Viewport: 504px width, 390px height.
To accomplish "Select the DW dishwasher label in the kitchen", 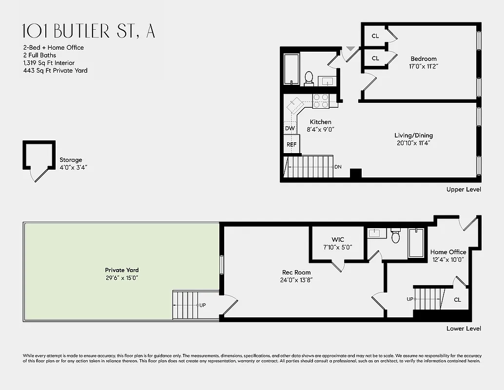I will pos(290,128).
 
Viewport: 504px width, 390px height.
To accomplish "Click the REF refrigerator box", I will pos(291,144).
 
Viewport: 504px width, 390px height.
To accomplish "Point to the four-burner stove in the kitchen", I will pos(321,100).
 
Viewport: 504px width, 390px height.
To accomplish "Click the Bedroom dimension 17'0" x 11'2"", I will pos(424,66).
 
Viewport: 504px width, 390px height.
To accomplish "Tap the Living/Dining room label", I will pos(413,136).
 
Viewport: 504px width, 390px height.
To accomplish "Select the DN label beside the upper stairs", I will pos(338,167).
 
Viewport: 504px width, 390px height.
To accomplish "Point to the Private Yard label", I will pos(122,270).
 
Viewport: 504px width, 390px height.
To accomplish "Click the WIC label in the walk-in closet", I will pos(338,239).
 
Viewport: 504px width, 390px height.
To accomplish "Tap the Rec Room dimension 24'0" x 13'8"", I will pos(296,280).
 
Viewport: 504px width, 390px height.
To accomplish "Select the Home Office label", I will pos(448,252).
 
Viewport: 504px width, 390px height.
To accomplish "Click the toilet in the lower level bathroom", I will pos(395,236).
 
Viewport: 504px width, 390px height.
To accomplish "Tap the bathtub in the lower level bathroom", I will pos(416,242).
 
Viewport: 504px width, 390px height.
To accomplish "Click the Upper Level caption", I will pos(464,189).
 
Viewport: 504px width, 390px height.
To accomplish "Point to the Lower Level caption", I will pos(464,329).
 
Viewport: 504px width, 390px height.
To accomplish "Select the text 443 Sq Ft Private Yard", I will pos(55,71).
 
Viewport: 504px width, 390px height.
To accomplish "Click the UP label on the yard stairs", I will pos(202,305).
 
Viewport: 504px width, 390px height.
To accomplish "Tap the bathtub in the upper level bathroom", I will pos(291,70).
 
